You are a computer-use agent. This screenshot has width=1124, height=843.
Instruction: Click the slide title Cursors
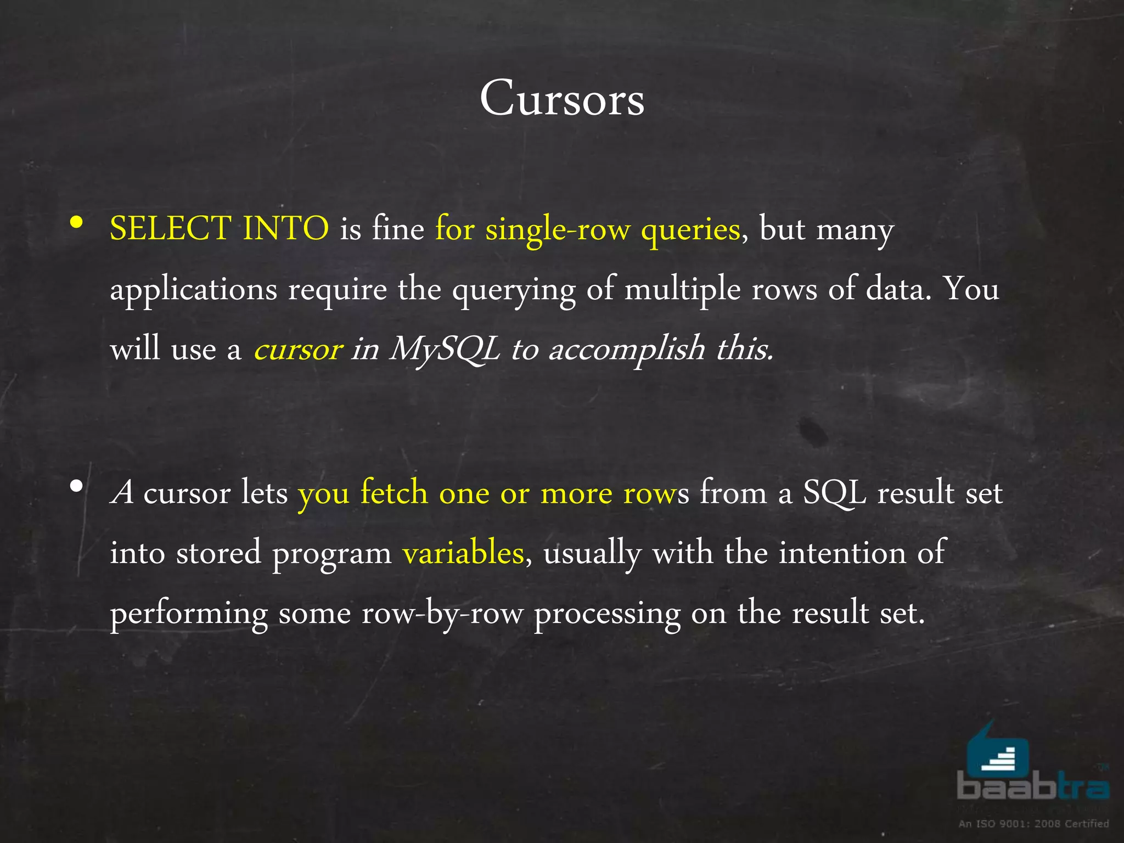click(562, 99)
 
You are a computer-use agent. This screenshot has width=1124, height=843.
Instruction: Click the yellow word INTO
click(285, 228)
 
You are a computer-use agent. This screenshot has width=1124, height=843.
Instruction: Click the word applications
click(193, 290)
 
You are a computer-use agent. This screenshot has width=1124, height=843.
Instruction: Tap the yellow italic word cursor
click(298, 350)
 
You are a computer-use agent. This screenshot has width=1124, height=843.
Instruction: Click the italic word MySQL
click(445, 350)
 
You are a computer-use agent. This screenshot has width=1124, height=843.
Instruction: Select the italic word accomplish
click(627, 350)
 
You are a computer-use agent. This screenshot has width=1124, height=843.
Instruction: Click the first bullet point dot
click(77, 223)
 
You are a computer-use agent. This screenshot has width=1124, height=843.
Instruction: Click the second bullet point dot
click(77, 486)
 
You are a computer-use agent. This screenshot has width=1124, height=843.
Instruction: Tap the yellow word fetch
click(394, 492)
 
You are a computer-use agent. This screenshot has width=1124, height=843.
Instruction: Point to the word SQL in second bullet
click(834, 492)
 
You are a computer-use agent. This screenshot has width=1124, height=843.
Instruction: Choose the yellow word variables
click(463, 553)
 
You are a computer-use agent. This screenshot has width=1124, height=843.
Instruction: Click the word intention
click(842, 553)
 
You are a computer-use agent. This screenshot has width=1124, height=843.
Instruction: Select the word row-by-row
click(442, 613)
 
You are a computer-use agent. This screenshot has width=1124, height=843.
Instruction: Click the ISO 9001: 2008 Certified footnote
click(1033, 823)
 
